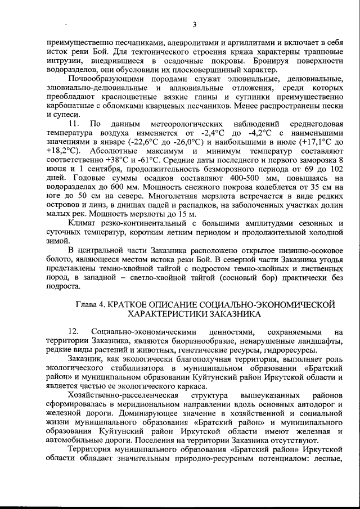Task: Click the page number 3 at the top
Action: (x=193, y=24)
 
